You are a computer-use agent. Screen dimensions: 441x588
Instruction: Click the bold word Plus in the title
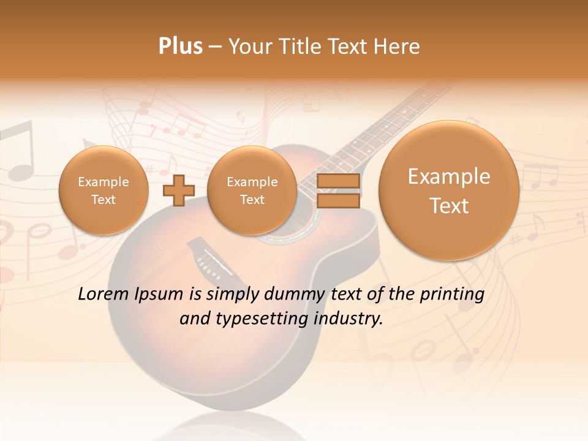point(181,47)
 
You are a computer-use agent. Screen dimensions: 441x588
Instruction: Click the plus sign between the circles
point(178,190)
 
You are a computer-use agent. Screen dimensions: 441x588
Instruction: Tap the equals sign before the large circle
point(338,190)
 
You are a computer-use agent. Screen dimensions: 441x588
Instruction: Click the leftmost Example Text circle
point(103,190)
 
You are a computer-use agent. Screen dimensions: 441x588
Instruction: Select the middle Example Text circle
point(252,190)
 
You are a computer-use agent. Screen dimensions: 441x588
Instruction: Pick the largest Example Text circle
point(449,190)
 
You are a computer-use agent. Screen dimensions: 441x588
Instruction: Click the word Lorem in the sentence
point(104,295)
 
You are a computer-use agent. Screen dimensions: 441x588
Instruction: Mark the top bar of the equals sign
point(338,182)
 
